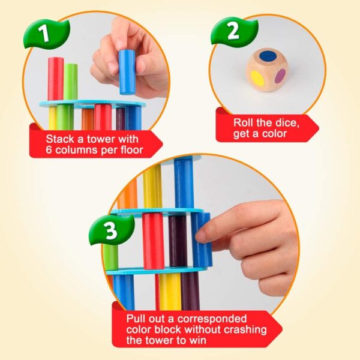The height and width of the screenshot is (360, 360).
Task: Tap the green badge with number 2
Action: coord(233,31)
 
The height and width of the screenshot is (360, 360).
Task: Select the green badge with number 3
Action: coord(112,232)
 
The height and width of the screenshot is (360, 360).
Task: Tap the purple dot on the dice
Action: coord(280,76)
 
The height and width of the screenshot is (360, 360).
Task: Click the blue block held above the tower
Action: coord(127,72)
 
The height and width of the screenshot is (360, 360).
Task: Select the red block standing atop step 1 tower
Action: coord(56,79)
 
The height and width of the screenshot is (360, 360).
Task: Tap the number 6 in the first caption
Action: coord(50,149)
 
